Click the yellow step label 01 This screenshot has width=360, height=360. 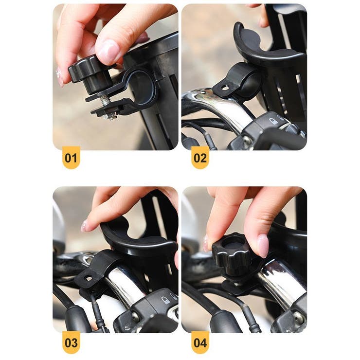pos(71,158)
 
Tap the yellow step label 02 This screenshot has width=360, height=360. pos(200,158)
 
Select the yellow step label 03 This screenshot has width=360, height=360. pos(71,342)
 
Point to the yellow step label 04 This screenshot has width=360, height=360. pos(200,342)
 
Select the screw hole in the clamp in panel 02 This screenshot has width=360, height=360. pos(225,87)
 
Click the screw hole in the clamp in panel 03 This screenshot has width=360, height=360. pos(89,278)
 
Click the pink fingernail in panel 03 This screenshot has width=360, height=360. pos(84,226)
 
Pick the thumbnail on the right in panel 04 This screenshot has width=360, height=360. pos(263,246)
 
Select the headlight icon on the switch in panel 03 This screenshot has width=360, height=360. pos(165,300)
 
